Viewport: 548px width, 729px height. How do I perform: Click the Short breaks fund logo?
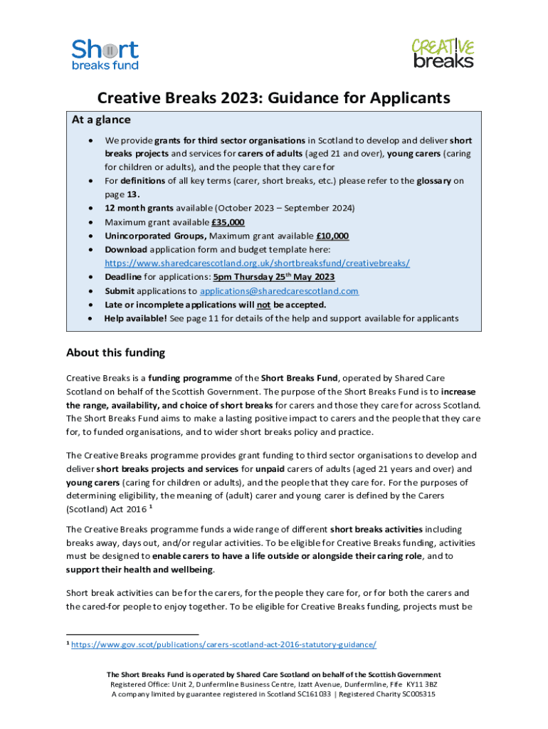(105, 54)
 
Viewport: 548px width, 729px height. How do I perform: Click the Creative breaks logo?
(442, 53)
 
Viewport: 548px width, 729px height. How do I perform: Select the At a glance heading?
(100, 120)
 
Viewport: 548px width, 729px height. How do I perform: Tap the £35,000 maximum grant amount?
(223, 222)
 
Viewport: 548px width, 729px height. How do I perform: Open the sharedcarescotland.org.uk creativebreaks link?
(257, 263)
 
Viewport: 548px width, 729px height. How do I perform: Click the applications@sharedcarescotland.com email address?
(279, 291)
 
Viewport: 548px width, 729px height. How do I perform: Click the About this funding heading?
(115, 352)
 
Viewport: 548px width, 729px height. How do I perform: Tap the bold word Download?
(126, 250)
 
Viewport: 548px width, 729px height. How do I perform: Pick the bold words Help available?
(136, 318)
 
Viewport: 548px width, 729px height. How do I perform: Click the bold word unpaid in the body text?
(271, 469)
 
